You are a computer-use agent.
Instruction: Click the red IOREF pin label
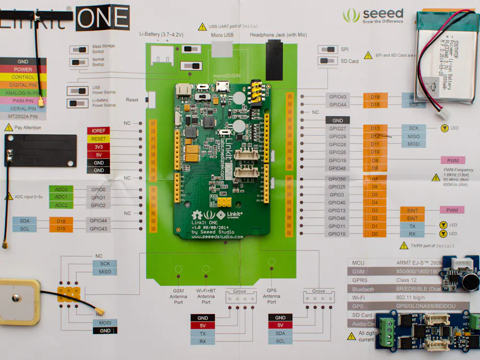98,131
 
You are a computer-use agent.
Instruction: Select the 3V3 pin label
98,147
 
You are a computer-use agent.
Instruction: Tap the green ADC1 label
61,197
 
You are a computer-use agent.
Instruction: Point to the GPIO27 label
337,129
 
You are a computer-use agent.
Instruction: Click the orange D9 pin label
375,161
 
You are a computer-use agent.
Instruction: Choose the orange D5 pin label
375,195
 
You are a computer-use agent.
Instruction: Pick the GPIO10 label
337,234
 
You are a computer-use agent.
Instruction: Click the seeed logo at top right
373,15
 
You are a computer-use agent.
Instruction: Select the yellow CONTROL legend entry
23,77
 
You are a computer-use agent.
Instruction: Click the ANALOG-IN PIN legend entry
23,93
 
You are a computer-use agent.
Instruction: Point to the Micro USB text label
222,35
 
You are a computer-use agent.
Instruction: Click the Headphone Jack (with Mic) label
278,35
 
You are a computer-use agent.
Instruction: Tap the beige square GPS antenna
18,301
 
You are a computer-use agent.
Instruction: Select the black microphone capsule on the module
469,283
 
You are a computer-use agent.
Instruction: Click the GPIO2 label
98,205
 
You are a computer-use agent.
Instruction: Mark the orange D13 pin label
375,129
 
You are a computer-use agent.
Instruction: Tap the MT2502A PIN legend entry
23,116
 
